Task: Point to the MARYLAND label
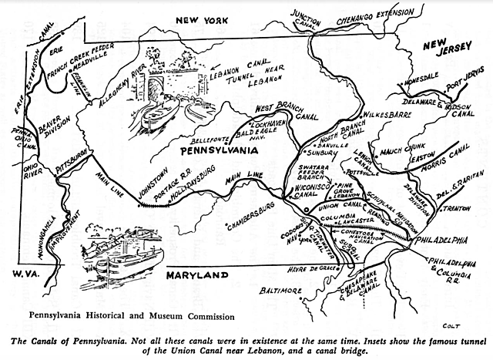[196, 274]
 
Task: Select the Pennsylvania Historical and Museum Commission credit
[122, 315]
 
